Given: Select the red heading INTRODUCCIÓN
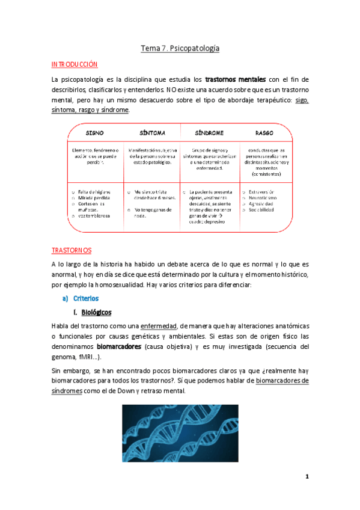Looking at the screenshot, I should [75, 64].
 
